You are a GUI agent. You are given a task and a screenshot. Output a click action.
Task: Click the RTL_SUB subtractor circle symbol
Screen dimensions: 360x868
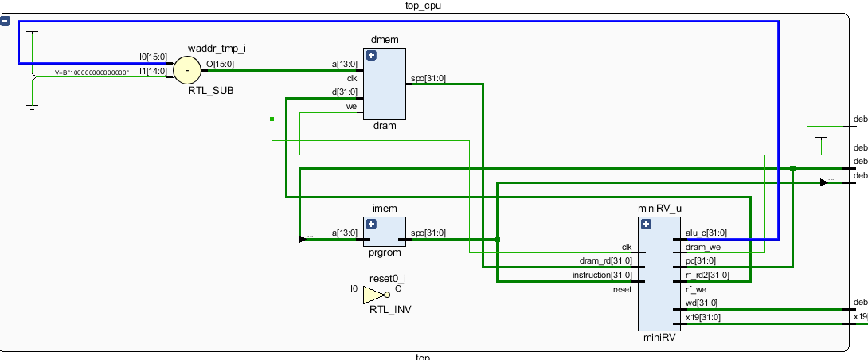[x=187, y=70]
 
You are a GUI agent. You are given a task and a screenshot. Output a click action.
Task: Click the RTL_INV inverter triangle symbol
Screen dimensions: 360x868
[x=373, y=295]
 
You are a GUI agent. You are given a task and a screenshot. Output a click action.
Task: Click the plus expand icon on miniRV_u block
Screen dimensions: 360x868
[x=646, y=225]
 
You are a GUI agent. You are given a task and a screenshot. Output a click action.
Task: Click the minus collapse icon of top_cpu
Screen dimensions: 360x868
[x=5, y=22]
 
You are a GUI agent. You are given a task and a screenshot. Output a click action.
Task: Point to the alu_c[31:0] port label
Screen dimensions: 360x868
[x=706, y=233]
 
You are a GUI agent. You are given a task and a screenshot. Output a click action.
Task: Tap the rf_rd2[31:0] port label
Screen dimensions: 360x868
[x=706, y=276]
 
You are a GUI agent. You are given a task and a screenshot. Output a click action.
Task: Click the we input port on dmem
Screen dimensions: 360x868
[x=351, y=107]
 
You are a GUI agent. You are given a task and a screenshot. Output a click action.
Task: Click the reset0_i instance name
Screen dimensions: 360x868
[x=387, y=278]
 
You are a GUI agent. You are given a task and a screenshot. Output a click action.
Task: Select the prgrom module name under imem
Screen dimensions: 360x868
[x=385, y=254]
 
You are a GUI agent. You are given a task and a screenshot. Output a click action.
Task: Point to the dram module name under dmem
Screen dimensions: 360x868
[x=385, y=126]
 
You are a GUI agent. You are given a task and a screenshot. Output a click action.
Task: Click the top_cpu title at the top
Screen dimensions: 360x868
[x=422, y=6]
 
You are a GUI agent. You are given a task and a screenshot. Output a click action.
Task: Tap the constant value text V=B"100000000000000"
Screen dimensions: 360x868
[x=92, y=72]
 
